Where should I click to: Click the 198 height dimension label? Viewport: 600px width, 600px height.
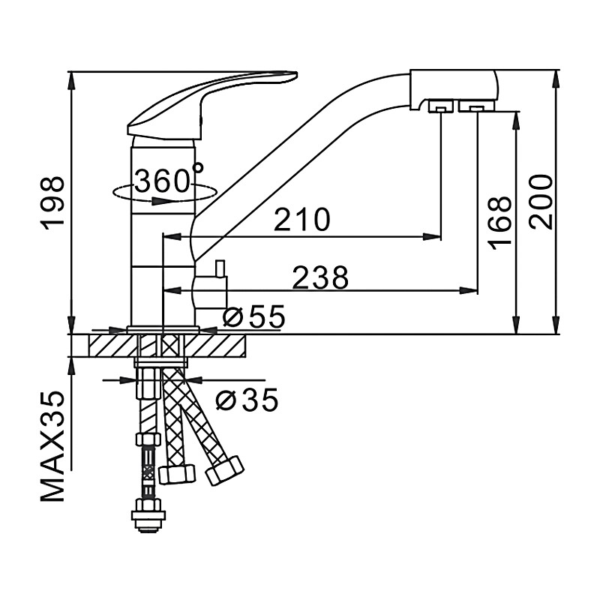point(52,203)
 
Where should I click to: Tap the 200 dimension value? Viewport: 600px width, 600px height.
point(541,202)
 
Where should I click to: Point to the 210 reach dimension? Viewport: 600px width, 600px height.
point(302,220)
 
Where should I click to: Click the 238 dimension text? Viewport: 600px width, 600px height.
point(321,277)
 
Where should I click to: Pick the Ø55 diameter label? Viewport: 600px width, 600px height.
point(254,316)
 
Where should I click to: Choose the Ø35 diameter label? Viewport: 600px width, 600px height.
point(247,400)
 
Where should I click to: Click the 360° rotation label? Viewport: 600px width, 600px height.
point(168,178)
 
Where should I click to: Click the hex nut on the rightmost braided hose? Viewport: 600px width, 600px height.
point(225,470)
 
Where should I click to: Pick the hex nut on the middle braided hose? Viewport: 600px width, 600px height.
point(177,475)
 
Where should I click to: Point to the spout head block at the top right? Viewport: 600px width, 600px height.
point(454,90)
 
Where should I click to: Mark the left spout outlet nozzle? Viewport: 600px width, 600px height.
point(441,106)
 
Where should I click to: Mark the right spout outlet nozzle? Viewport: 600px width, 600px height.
point(476,106)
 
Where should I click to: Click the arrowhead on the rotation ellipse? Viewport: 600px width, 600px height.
point(160,200)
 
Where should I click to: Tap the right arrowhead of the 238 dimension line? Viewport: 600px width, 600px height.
point(469,290)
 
